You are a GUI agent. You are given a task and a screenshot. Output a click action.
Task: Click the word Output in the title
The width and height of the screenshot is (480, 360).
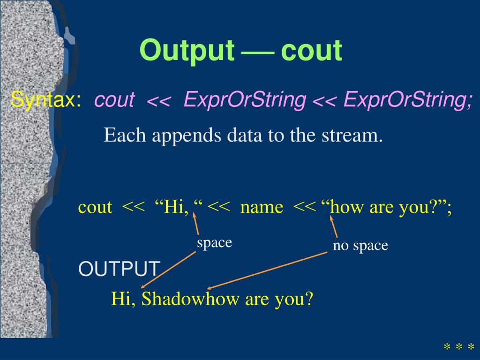[187, 51]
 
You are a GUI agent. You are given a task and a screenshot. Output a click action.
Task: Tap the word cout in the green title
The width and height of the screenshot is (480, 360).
[311, 51]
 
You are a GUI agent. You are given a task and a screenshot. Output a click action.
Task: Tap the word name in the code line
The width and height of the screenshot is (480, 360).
[262, 207]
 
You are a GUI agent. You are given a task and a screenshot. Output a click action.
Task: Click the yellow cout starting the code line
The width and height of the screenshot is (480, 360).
[95, 207]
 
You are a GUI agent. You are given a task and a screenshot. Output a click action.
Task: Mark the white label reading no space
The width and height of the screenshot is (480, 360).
[360, 246]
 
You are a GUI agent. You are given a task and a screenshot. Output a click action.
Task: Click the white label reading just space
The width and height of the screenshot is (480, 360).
[214, 243]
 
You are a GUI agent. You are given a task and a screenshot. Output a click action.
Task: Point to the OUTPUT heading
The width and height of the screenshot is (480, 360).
[119, 269]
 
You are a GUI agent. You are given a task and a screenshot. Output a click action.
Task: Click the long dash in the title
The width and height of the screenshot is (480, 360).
[258, 52]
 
